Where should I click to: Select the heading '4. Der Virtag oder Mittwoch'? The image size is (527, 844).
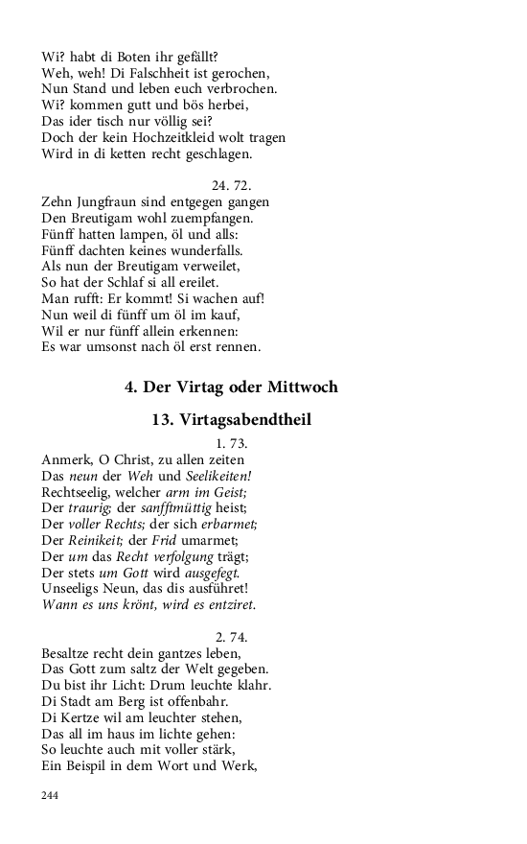[x=231, y=387]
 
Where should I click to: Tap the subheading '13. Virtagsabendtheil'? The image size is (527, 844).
[x=231, y=420]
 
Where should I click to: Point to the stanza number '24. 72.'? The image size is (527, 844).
[x=231, y=185]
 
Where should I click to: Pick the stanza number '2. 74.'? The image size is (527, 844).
[x=231, y=636]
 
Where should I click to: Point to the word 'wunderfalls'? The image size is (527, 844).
[x=190, y=250]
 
